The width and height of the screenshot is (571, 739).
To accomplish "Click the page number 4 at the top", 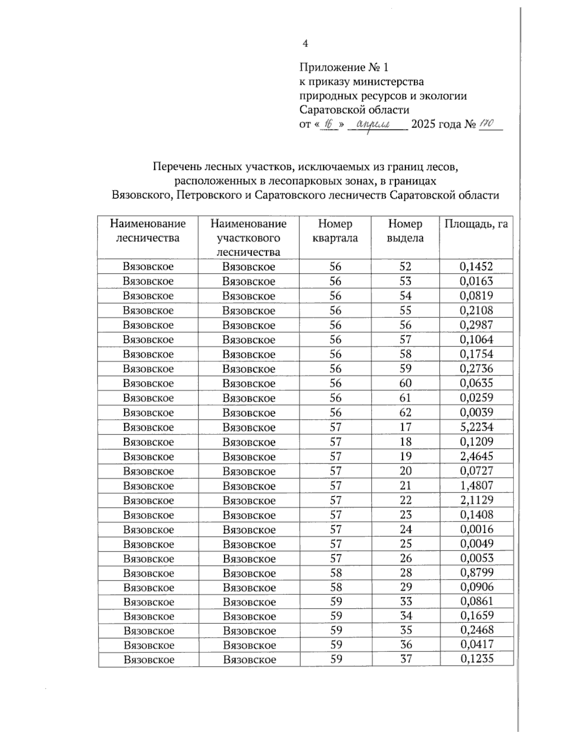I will [305, 44].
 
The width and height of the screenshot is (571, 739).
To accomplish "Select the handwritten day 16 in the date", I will [327, 124].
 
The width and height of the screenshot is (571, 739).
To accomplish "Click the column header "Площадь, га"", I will [476, 224].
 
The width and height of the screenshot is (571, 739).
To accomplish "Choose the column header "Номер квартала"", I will [335, 231].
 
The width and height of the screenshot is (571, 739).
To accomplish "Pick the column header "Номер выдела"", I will [405, 231].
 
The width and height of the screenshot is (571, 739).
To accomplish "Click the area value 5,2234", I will [476, 427].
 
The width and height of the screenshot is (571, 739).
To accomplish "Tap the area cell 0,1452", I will [476, 266].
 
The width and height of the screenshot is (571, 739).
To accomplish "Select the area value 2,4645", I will [476, 456].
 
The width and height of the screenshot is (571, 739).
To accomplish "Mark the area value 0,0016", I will [476, 529].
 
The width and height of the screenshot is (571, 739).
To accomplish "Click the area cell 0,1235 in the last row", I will [477, 659].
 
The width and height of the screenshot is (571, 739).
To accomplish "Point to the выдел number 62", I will [405, 412].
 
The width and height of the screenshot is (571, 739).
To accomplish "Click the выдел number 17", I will [405, 427].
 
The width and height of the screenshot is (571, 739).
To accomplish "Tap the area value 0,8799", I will [477, 572].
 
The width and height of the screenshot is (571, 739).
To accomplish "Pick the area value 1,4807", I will [476, 485].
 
